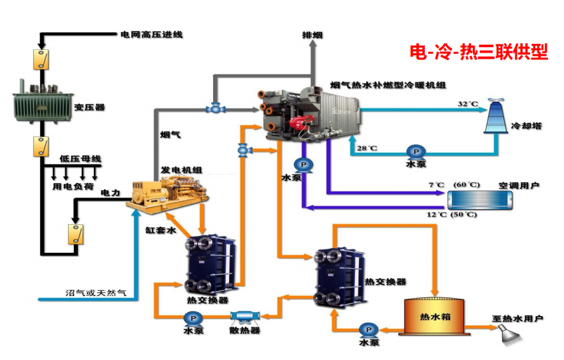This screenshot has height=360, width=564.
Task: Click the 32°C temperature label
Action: click(468, 104)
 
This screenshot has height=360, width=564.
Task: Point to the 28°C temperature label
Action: click(367, 148)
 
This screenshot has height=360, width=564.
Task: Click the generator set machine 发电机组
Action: click(168, 192)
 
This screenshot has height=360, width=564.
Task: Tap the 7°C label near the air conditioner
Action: click(435, 184)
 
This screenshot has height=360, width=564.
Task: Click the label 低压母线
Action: click(80, 158)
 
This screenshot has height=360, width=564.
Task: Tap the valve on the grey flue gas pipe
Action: click(214, 107)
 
